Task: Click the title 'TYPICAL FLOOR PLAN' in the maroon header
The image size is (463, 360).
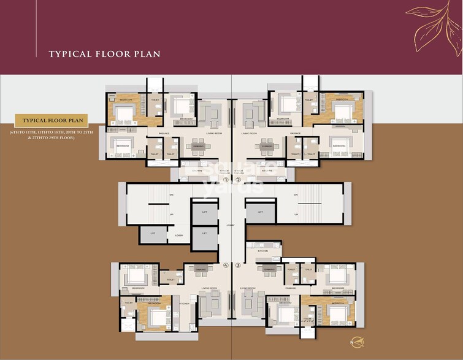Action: (104, 54)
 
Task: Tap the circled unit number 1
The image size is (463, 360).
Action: (225, 180)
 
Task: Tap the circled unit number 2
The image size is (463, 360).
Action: (238, 180)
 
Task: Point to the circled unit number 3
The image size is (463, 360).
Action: (238, 266)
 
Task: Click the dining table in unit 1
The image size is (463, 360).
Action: (198, 147)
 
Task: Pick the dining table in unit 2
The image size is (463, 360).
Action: (267, 147)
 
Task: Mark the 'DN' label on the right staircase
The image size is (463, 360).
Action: (296, 195)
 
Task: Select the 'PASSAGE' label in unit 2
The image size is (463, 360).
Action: (296, 133)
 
